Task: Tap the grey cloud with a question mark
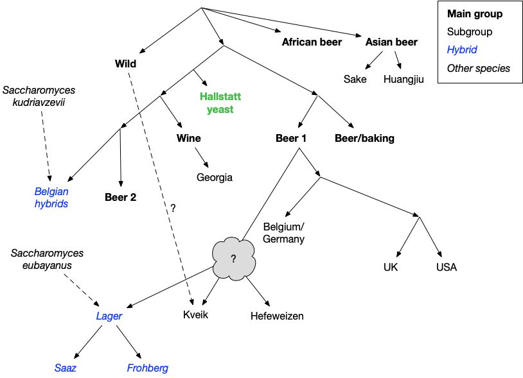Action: click(x=233, y=259)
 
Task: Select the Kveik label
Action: click(x=196, y=315)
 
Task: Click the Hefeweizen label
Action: click(x=277, y=316)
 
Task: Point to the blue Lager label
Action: click(x=109, y=316)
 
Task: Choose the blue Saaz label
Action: click(x=65, y=368)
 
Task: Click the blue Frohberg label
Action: click(x=148, y=368)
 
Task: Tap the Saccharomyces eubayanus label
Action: click(x=48, y=259)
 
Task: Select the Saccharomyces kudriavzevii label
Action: click(x=40, y=97)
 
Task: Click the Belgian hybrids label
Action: click(x=51, y=197)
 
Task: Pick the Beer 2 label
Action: click(x=120, y=197)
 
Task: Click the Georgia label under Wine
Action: click(x=215, y=177)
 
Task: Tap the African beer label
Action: click(x=312, y=42)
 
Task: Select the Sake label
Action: click(x=355, y=79)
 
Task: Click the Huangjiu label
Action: click(x=404, y=79)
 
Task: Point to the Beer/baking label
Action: click(x=364, y=138)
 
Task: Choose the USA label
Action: click(x=446, y=267)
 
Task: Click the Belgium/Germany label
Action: click(x=284, y=232)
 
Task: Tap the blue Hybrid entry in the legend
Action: click(x=462, y=49)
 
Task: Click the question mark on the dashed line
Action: click(x=172, y=208)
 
